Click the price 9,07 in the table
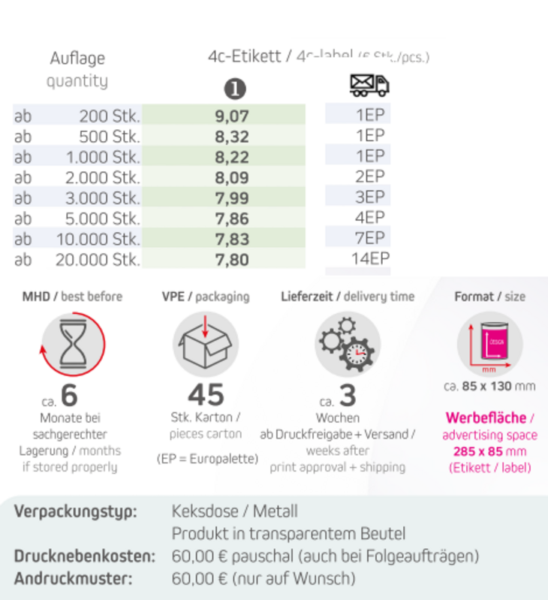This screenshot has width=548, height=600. (x=231, y=116)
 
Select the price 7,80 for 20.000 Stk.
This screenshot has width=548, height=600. (x=231, y=260)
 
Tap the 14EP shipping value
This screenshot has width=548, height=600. (x=370, y=259)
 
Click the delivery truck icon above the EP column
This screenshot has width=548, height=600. (x=369, y=85)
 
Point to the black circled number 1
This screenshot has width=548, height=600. (x=236, y=89)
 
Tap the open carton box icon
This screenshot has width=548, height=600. (x=206, y=344)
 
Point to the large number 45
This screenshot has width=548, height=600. (x=206, y=395)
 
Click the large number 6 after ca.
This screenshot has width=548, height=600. (x=69, y=396)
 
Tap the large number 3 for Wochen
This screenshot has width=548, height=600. (x=348, y=395)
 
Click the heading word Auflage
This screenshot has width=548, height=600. (x=77, y=59)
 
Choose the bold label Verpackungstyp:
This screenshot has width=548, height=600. (x=76, y=512)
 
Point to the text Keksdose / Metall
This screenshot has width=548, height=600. (x=235, y=512)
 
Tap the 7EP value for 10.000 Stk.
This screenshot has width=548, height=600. (x=370, y=238)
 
